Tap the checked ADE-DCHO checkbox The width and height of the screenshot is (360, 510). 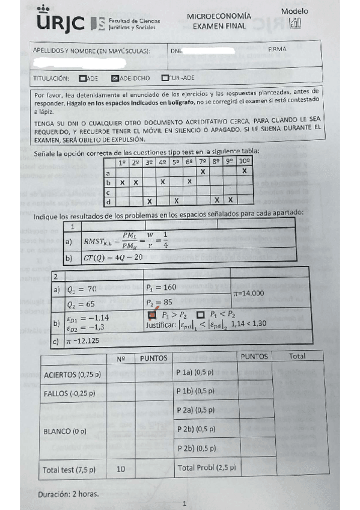coord(115,78)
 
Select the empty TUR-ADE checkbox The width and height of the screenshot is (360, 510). coord(164,78)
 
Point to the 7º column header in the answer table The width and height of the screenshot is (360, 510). coord(203,162)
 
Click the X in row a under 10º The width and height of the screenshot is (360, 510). coord(245,171)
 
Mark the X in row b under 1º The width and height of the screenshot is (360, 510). coord(122,181)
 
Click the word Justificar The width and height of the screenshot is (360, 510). coord(160,324)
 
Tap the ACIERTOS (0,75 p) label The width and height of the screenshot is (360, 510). coord(73,375)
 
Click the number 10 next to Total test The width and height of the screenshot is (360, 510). coord(121,469)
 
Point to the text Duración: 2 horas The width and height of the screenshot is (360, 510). coord(68,494)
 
